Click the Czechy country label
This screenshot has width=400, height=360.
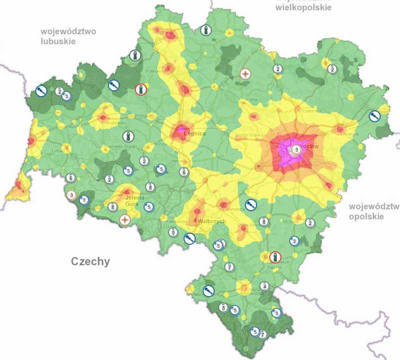[x=90, y=261]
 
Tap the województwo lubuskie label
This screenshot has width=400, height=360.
[x=68, y=36]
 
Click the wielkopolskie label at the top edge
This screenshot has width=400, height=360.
[x=303, y=8]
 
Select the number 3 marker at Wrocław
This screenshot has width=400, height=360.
[x=296, y=149]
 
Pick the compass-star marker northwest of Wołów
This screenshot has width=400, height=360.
[x=245, y=74]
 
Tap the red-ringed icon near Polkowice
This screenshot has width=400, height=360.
[x=141, y=89]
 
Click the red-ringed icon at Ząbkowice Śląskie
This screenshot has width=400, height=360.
[x=274, y=257]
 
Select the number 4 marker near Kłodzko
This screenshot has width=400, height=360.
[x=264, y=286]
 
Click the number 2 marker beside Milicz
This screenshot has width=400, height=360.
[x=331, y=69]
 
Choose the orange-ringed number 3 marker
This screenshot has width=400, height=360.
[x=71, y=195]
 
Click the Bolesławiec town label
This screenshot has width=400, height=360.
[x=113, y=122]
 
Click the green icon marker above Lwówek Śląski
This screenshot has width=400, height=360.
[x=128, y=136]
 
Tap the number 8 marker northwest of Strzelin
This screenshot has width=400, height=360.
[x=263, y=221]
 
